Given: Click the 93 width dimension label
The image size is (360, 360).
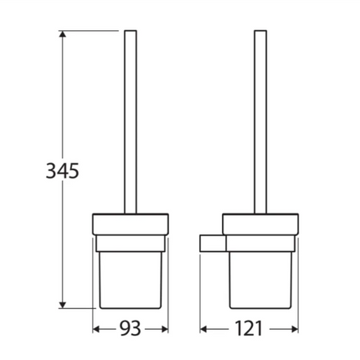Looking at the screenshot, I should [130, 329].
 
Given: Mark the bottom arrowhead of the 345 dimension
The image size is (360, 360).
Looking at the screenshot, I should [62, 302].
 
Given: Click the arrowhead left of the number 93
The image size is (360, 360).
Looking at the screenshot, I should [95, 329].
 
